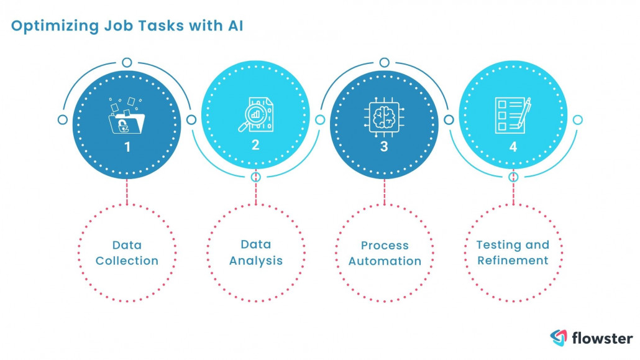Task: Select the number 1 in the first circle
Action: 127,147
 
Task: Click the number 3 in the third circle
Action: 384,147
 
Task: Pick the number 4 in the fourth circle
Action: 513,147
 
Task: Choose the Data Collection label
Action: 127,252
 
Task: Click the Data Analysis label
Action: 255,252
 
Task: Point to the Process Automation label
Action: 384,252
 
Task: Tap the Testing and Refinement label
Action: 513,252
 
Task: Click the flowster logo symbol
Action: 559,338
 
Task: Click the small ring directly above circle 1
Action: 127,62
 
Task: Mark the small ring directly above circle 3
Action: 384,62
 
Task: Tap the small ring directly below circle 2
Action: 255,177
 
